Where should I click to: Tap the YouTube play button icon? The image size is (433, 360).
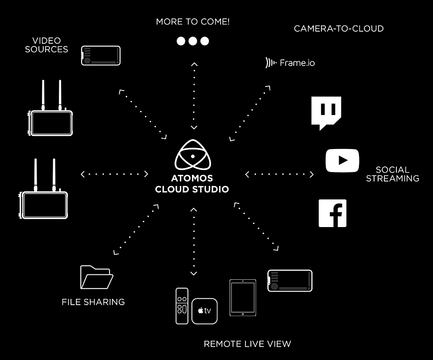click(342, 161)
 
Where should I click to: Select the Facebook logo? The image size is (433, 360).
click(333, 213)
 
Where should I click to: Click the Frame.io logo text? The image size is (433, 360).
click(297, 63)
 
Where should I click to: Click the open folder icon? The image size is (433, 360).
click(97, 277)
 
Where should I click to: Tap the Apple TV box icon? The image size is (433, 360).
click(204, 311)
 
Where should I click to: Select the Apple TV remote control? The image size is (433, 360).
click(182, 306)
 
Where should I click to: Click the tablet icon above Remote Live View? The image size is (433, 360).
click(243, 298)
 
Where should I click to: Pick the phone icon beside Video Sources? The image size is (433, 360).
click(101, 55)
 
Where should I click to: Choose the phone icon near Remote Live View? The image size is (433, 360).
click(290, 281)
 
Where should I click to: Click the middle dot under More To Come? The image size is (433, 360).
click(193, 41)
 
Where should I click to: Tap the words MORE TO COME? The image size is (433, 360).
click(193, 21)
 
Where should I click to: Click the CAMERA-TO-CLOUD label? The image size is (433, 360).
click(339, 29)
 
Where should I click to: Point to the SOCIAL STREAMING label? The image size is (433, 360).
click(393, 174)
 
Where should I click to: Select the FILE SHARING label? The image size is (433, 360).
click(93, 302)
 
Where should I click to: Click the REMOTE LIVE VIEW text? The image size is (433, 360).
click(247, 344)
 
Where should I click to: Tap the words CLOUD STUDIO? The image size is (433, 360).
click(192, 189)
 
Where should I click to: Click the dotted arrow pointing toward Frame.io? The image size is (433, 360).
click(250, 113)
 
